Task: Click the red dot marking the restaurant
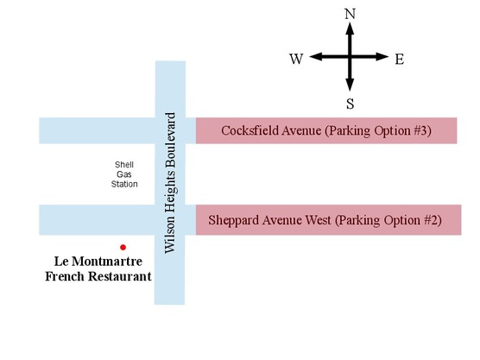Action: click(x=123, y=247)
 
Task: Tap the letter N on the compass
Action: click(x=350, y=14)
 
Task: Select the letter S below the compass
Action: click(x=350, y=104)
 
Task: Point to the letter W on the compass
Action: click(x=296, y=59)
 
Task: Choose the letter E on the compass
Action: click(x=399, y=59)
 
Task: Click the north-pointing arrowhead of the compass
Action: click(x=350, y=28)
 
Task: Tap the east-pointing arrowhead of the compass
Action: click(x=382, y=57)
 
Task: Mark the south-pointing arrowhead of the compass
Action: click(x=350, y=85)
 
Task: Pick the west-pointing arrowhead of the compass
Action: click(x=316, y=57)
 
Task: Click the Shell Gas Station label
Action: click(x=124, y=174)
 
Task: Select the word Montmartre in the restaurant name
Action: click(x=107, y=262)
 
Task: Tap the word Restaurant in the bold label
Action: click(x=120, y=276)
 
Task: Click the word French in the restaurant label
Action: click(x=65, y=276)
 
